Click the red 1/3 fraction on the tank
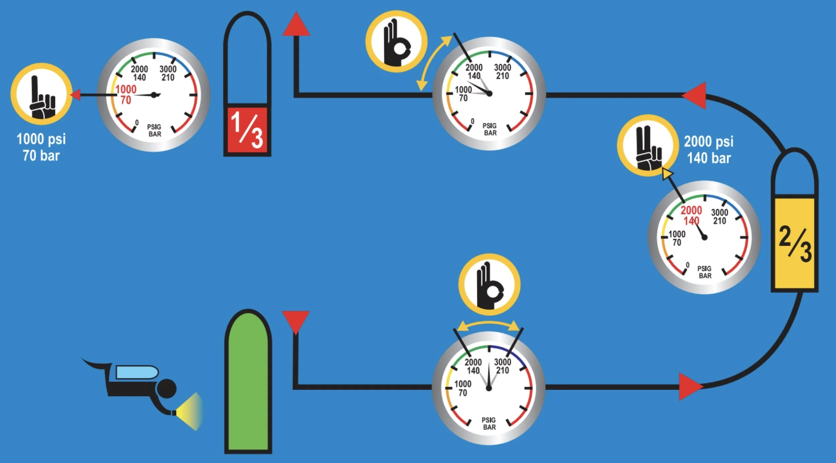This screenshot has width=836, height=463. coord(247,130)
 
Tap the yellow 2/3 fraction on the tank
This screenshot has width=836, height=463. coord(795,244)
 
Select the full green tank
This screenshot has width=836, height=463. coord(248,381)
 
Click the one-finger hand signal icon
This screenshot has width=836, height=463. coord(41,94)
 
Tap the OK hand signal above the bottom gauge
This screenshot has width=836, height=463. coord(489,285)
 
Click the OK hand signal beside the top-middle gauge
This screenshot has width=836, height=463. coord(396,41)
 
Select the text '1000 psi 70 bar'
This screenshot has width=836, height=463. coord(41,147)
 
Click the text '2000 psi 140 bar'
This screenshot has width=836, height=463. coord(709,150)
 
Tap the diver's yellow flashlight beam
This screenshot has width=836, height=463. coord(191,411)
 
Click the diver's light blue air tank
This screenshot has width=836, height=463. coord(137,372)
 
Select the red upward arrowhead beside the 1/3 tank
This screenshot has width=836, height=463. coord(296,25)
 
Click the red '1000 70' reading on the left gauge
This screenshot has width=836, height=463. coord(126,94)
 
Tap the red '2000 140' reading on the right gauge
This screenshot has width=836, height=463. coord(691,215)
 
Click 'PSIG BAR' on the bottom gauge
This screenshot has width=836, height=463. coord(489,424)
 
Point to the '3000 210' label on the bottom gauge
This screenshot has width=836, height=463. coord(502,366)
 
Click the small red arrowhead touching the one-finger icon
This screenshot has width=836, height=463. coord(75,95)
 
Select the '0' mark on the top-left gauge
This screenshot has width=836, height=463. coord(137,123)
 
